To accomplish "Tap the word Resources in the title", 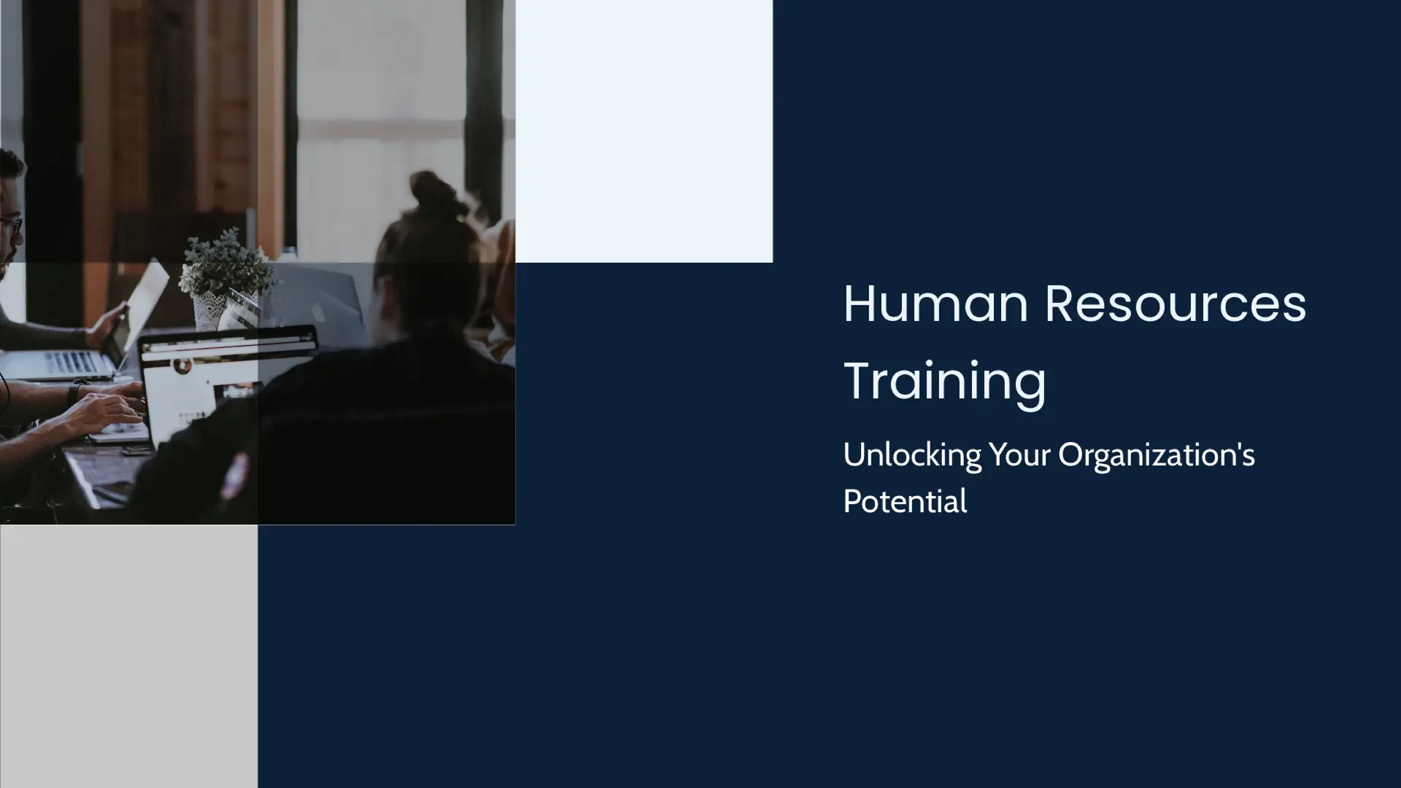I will [x=1175, y=304].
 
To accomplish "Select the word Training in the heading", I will [x=945, y=381].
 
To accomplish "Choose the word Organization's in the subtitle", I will [x=1157, y=455].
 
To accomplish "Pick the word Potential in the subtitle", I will [x=905, y=502].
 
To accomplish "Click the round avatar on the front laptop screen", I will [x=181, y=365].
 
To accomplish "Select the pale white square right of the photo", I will [x=644, y=131].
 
